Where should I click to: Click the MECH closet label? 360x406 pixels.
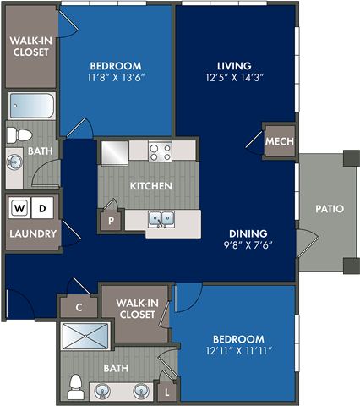(278, 142)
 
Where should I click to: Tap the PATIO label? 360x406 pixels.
(329, 208)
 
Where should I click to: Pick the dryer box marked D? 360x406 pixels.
(45, 207)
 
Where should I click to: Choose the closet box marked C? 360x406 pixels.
(79, 308)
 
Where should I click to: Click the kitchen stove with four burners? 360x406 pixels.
(160, 151)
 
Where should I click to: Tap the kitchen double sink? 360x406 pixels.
(161, 219)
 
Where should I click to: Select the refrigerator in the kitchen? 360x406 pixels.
(115, 152)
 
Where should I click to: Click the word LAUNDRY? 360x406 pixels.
(33, 234)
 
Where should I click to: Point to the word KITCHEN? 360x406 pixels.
(151, 186)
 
